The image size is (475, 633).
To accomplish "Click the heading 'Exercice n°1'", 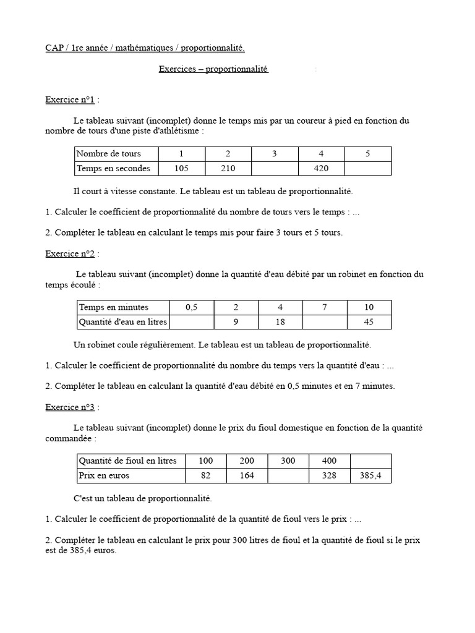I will click(70, 100).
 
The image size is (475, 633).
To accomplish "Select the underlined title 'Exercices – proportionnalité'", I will click(213, 69).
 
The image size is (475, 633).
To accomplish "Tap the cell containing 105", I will click(181, 168).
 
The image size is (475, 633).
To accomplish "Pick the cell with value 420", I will click(321, 168).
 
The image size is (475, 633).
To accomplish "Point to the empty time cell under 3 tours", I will click(275, 168).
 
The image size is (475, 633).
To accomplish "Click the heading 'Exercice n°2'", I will click(70, 253).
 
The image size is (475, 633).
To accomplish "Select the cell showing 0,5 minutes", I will click(191, 307).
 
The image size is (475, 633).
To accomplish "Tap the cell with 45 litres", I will click(369, 321).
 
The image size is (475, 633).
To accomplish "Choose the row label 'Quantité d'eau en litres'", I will click(122, 321).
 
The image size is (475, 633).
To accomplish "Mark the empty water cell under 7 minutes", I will click(325, 321).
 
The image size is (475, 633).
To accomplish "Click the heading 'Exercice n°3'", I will click(70, 407).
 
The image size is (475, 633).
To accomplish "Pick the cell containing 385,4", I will click(370, 475).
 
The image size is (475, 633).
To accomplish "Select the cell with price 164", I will click(247, 475).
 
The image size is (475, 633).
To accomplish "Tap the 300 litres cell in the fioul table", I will click(288, 461).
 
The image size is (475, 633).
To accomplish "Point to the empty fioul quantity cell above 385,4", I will click(370, 461).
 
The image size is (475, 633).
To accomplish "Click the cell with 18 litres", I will click(280, 321).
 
